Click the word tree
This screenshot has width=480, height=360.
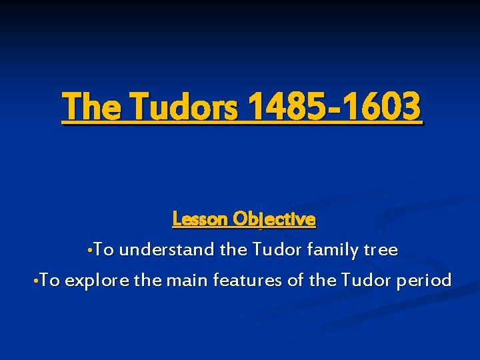(x=381, y=251)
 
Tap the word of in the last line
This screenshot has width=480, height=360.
(x=295, y=281)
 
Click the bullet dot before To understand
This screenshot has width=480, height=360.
(x=89, y=251)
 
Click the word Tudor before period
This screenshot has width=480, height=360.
(x=365, y=281)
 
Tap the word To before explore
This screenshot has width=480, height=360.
(x=50, y=281)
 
